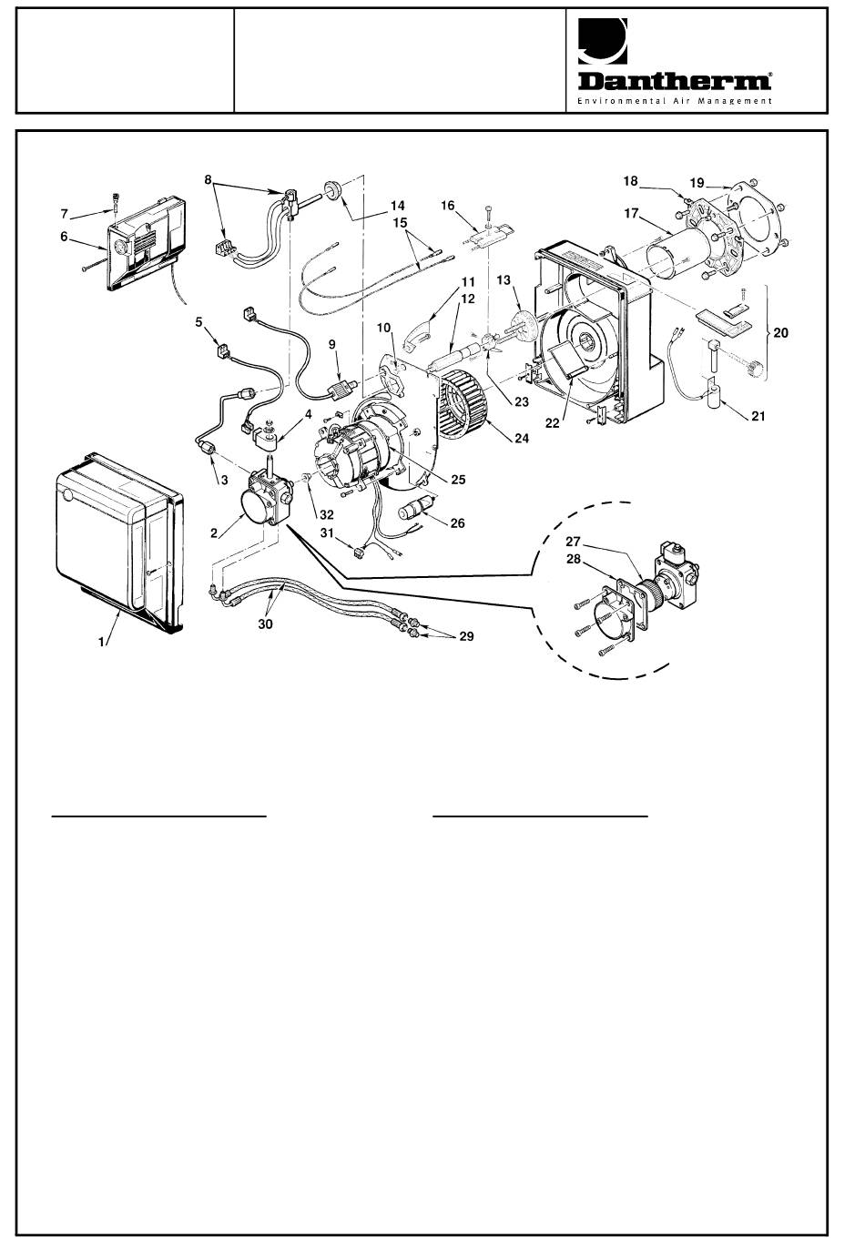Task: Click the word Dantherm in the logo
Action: (x=675, y=81)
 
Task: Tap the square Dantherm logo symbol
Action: (x=602, y=41)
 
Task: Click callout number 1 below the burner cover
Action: (x=101, y=642)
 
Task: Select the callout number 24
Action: (x=522, y=439)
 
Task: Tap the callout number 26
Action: (x=457, y=523)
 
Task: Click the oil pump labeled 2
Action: (x=265, y=496)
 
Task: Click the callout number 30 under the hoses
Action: (x=265, y=624)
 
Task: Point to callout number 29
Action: (x=467, y=636)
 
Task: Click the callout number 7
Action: (x=64, y=214)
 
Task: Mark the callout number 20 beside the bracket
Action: (x=781, y=332)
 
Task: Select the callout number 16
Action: (x=448, y=206)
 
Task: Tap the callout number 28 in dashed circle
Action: (x=573, y=559)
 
